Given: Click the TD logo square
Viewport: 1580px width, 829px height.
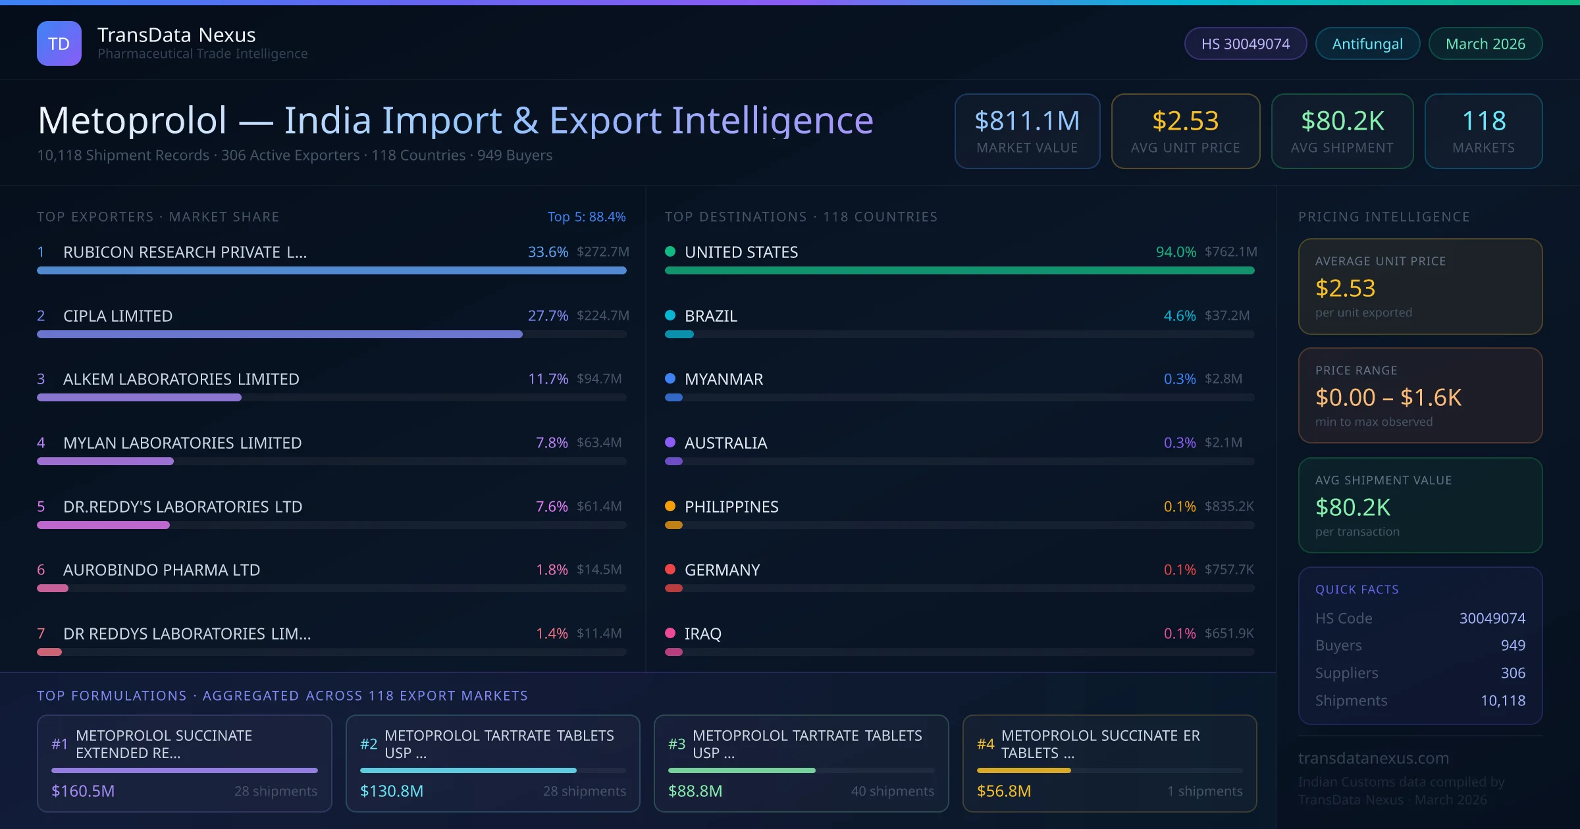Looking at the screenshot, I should [x=59, y=43].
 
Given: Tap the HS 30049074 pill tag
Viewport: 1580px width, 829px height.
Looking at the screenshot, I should [x=1245, y=43].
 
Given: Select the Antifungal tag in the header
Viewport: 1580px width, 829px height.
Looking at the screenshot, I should [x=1367, y=43].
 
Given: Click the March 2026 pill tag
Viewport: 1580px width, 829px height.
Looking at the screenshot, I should [x=1485, y=43].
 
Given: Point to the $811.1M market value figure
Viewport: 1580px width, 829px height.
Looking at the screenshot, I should [x=1027, y=121].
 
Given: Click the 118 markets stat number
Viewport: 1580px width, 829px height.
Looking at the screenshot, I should [x=1483, y=121].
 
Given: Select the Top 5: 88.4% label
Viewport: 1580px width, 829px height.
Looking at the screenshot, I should [x=586, y=216].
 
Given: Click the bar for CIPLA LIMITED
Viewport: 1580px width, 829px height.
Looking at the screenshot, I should [x=280, y=334].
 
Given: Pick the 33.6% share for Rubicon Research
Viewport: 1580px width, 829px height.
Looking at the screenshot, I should [x=548, y=252].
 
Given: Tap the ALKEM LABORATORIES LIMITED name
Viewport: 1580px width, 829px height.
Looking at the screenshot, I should [x=181, y=379].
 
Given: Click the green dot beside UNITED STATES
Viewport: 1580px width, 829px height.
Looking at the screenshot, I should [x=670, y=251].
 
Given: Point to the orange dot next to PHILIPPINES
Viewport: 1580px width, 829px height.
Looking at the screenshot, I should [x=670, y=506].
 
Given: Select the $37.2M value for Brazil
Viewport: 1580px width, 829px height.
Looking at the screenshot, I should [x=1226, y=316].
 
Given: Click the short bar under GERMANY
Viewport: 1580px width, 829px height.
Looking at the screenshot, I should [x=673, y=588].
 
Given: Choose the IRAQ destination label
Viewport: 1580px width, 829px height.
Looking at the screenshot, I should [x=702, y=634].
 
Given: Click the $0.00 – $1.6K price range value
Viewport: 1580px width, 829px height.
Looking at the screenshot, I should [x=1388, y=397].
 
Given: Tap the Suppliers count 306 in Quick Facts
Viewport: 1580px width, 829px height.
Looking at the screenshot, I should [x=1512, y=673].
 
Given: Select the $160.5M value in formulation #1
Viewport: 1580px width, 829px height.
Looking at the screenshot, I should [x=83, y=791].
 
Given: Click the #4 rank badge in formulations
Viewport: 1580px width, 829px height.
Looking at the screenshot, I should [x=985, y=744].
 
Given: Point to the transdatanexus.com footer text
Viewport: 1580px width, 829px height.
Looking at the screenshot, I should [x=1373, y=758].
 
